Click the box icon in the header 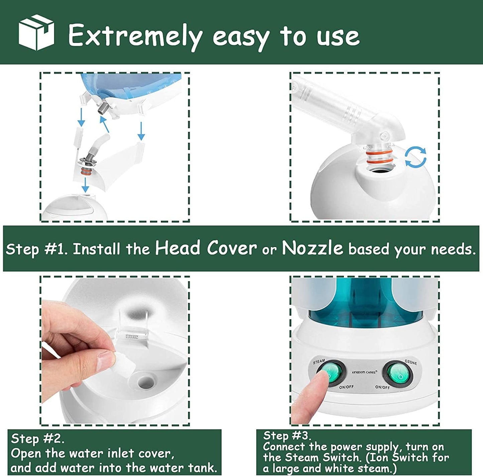click(36, 32)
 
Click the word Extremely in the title click(135, 36)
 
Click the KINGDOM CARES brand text click(364, 372)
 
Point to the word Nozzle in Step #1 click(312, 248)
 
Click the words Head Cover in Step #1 click(206, 248)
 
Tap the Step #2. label click(37, 439)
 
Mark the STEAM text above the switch click(319, 362)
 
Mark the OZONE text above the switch click(411, 362)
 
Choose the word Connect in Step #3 click(284, 447)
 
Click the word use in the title click(338, 36)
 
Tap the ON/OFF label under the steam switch click(346, 387)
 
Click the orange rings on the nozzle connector click(379, 157)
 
